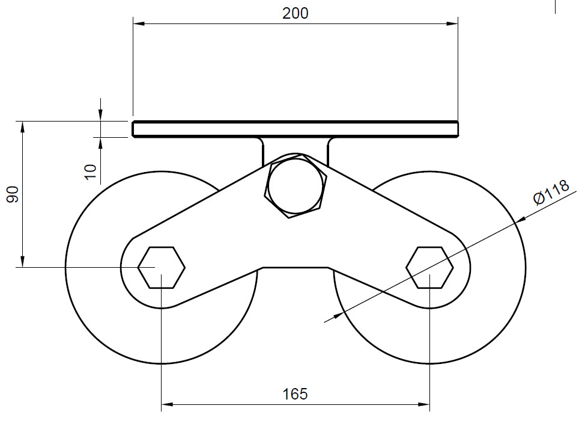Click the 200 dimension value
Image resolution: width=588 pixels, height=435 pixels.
point(295,13)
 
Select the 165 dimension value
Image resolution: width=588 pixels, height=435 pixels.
point(295,394)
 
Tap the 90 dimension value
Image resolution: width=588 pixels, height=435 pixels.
point(13,194)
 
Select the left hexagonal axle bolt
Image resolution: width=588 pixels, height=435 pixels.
point(162,267)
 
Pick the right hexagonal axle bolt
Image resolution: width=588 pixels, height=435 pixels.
point(429,267)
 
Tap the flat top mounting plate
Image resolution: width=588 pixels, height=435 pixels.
point(295,129)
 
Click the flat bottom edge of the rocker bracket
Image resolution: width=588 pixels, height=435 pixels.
point(296,267)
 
